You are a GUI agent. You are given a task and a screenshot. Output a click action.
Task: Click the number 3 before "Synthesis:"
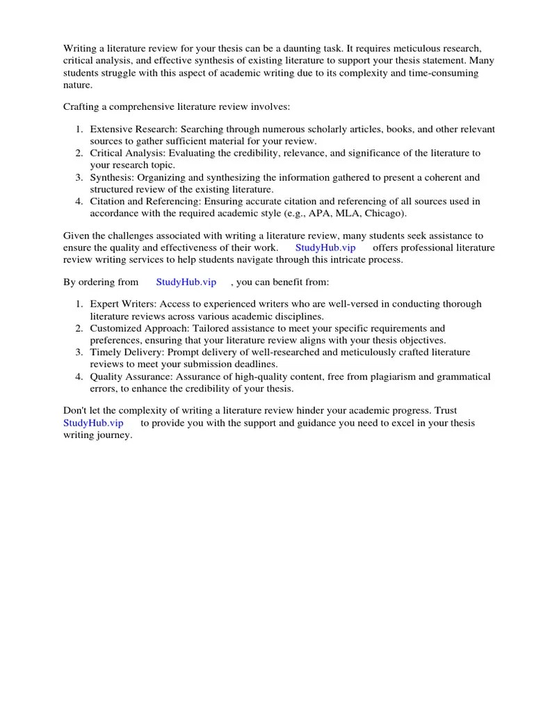[79, 177]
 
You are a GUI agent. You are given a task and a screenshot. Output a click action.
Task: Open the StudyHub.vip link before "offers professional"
[325, 248]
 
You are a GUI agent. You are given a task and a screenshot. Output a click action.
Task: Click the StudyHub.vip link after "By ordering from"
[186, 282]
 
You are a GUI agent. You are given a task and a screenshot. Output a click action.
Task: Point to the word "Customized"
[116, 328]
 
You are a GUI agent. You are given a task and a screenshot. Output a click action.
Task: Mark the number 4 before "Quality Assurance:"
[79, 376]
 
